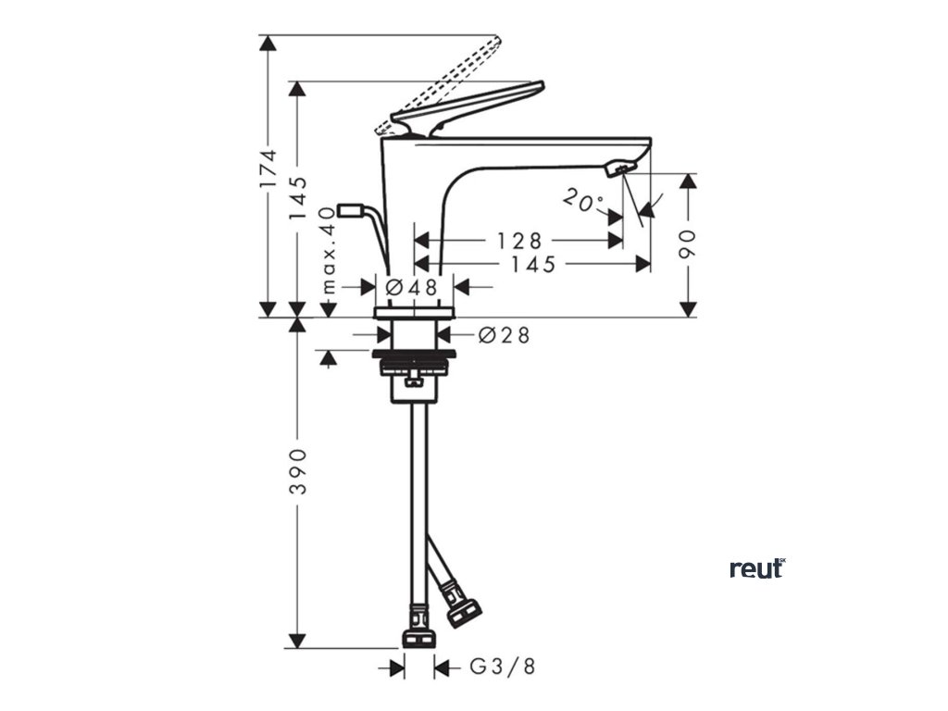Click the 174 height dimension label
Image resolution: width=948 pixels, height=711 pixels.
click(x=268, y=168)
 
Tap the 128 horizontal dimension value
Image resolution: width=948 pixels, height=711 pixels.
click(x=518, y=241)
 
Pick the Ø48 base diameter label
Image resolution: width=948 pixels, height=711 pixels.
click(x=413, y=287)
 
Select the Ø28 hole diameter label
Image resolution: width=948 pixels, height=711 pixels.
click(x=505, y=336)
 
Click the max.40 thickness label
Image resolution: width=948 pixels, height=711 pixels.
click(x=326, y=250)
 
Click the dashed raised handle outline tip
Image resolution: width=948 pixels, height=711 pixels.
click(x=493, y=43)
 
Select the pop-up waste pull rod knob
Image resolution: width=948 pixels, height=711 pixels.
click(x=349, y=210)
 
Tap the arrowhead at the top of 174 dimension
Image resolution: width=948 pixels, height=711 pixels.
click(x=268, y=43)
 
